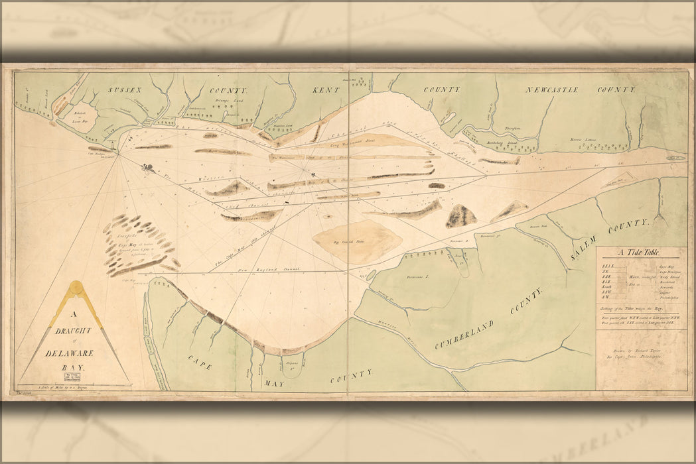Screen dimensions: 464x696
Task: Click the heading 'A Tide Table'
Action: pyautogui.click(x=640, y=253)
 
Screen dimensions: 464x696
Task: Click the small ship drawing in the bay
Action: pyautogui.click(x=147, y=168)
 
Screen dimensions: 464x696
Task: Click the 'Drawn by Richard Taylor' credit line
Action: pyautogui.click(x=641, y=346)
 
